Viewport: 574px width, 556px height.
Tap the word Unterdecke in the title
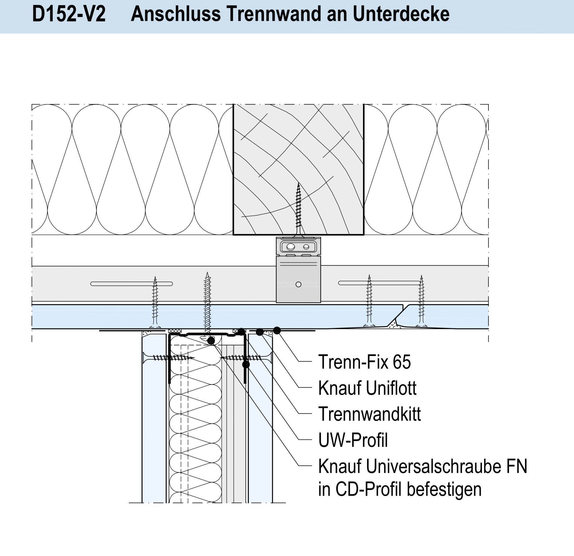pos(401,14)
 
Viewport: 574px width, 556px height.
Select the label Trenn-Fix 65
pos(364,362)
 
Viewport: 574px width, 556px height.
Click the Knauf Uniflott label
pos(367,388)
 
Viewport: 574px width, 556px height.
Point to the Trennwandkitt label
pos(370,414)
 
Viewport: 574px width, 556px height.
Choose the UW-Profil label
pos(353,440)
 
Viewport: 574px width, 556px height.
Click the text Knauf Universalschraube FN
pos(423,466)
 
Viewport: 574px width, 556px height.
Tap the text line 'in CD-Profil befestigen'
pos(400,490)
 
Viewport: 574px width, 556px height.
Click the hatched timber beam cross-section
pos(298,169)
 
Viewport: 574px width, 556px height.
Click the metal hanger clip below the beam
pos(298,270)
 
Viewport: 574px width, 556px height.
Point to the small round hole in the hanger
pos(298,284)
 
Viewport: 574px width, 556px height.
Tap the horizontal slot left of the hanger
pos(132,284)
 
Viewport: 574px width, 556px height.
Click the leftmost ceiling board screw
pos(155,302)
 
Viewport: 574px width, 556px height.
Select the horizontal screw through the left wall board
pos(169,357)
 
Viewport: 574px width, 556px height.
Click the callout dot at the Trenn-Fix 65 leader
pos(277,330)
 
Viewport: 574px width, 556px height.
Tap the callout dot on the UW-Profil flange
pos(246,365)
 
